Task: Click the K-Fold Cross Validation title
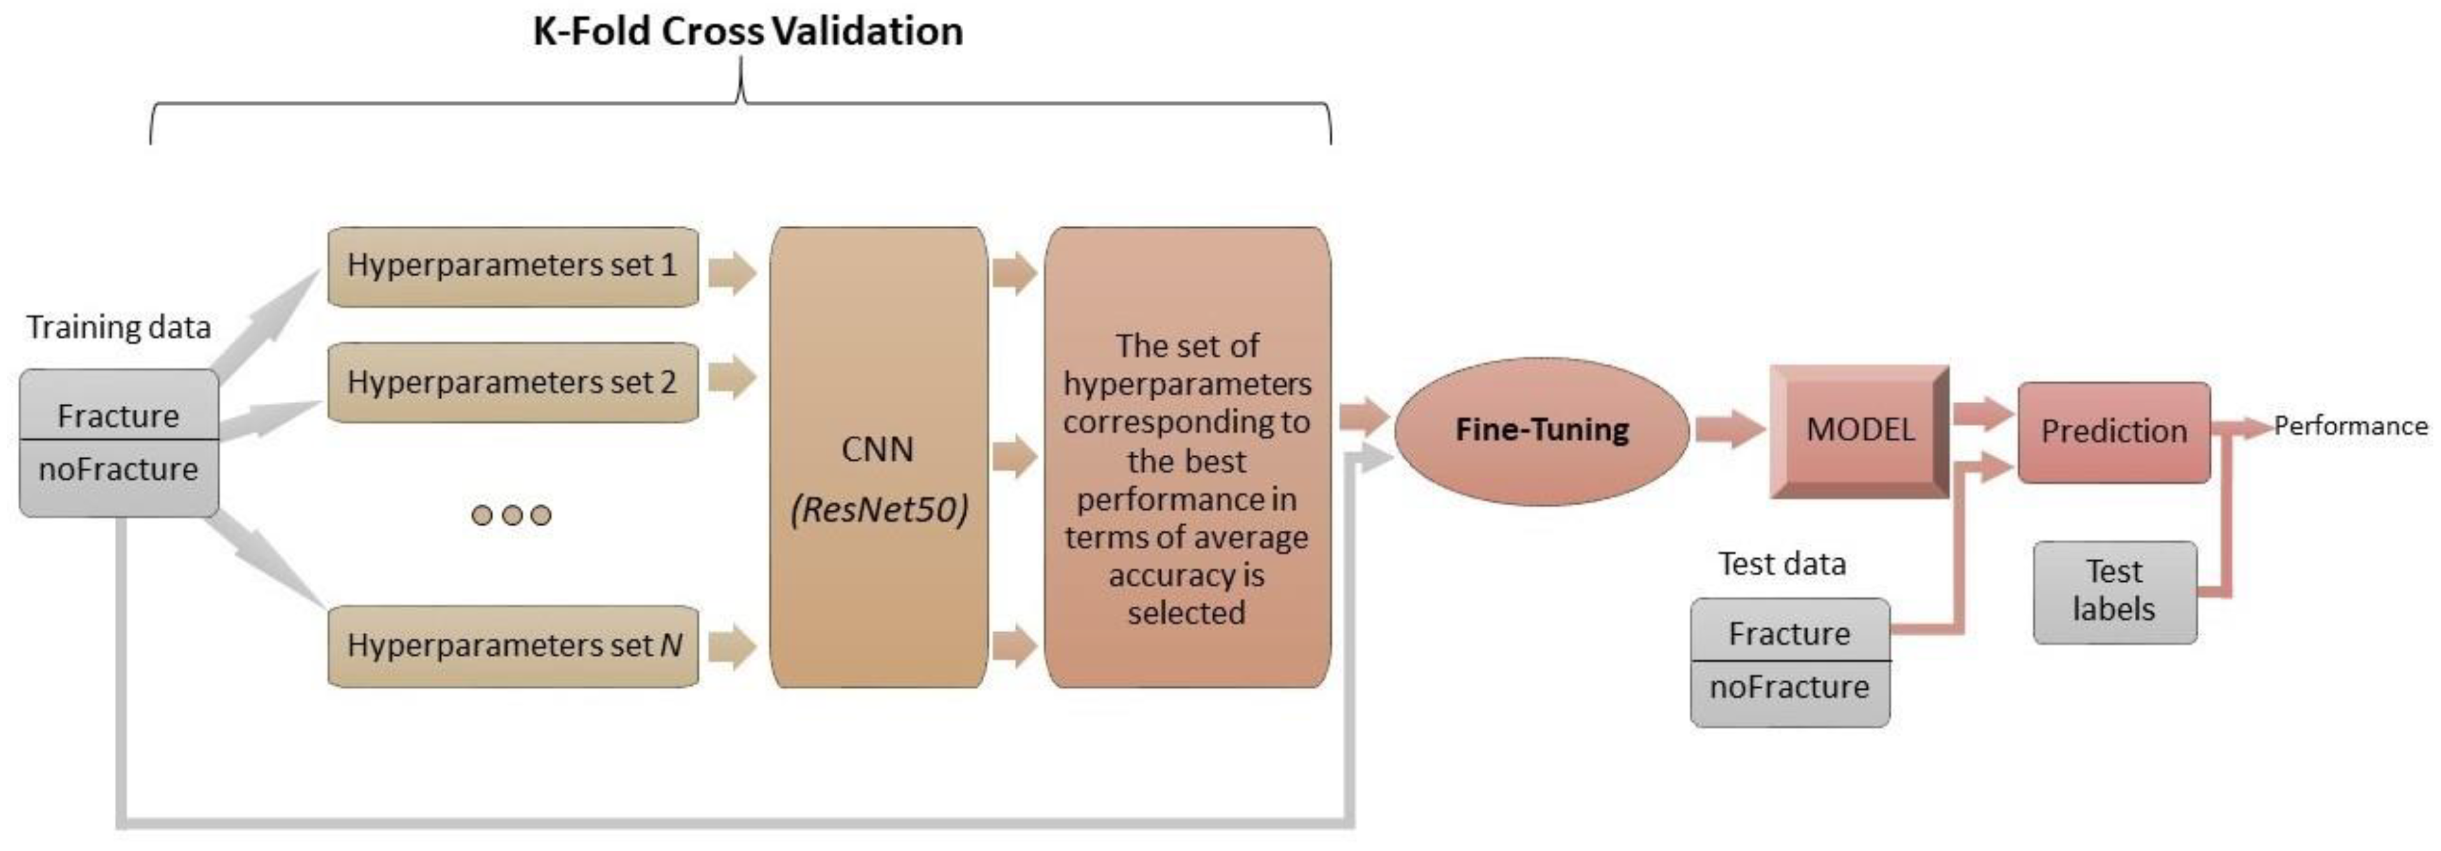click(x=748, y=31)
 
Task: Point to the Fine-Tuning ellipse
click(x=1542, y=430)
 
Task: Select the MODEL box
click(x=1859, y=430)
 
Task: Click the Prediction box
click(x=2114, y=432)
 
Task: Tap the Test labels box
click(x=2114, y=591)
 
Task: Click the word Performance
click(x=2350, y=426)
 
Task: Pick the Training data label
click(x=119, y=328)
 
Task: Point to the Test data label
click(x=1782, y=565)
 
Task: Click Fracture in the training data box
click(x=119, y=416)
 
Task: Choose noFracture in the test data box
click(x=1789, y=687)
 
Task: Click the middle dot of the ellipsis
click(x=512, y=515)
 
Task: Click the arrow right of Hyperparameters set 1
click(x=732, y=274)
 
